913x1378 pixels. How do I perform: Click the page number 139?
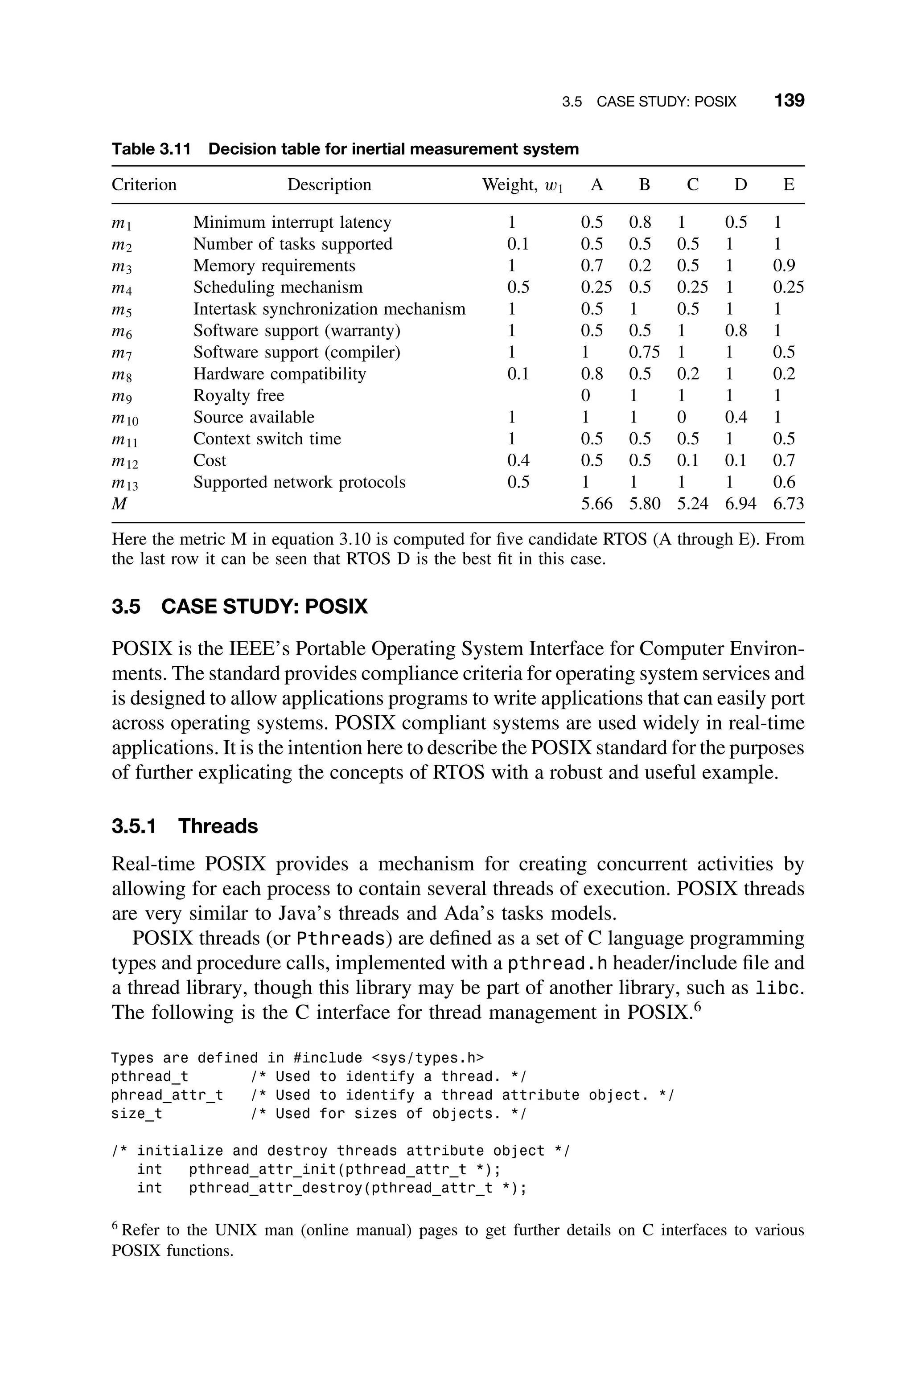tap(789, 101)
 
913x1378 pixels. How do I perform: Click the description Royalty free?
tap(239, 396)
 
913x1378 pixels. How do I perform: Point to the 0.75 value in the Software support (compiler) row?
tap(644, 352)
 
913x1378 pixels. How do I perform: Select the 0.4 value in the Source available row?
tap(736, 417)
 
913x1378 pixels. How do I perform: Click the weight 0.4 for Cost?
tap(518, 460)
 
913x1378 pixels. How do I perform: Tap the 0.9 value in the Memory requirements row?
tap(784, 266)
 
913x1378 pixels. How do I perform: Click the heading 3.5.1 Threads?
tap(185, 826)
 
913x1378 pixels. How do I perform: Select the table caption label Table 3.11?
tap(151, 150)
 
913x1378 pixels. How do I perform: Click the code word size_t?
tap(137, 1114)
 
